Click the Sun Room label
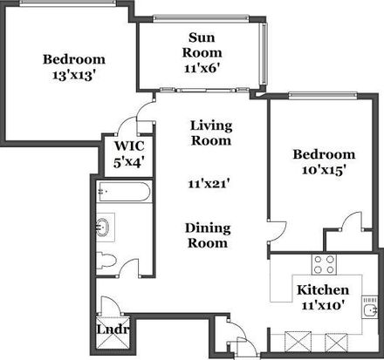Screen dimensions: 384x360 [x=202, y=45]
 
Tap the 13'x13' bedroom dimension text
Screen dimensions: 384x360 [x=74, y=75]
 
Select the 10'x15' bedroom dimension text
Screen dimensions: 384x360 [x=324, y=170]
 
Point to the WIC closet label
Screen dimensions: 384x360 [x=129, y=146]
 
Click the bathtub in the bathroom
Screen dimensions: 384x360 [x=125, y=192]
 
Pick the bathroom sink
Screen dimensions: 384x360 [x=103, y=227]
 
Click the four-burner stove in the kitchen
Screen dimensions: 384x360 [x=324, y=264]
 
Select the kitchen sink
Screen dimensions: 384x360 [x=370, y=310]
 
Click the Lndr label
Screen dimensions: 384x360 [x=113, y=329]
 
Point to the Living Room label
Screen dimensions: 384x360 [x=211, y=133]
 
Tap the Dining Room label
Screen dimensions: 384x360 [x=208, y=235]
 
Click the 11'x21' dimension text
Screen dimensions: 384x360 [x=209, y=184]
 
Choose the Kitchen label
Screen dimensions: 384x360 [x=323, y=289]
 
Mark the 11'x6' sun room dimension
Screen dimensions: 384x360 [x=202, y=68]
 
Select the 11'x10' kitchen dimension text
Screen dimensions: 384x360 [x=323, y=305]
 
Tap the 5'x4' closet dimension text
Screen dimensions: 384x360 [x=129, y=162]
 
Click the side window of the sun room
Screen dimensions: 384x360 [x=264, y=53]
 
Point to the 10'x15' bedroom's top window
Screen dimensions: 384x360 [x=323, y=95]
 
